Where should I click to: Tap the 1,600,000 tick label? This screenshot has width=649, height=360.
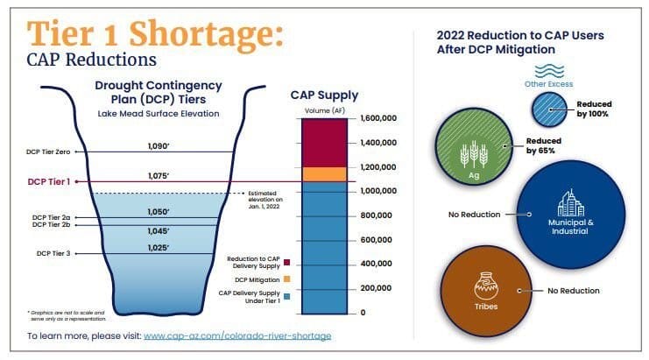[377, 117]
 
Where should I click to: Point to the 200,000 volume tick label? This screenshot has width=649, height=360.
[374, 288]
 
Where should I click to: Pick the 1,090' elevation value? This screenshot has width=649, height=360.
[159, 145]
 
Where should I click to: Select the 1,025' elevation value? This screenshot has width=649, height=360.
[159, 247]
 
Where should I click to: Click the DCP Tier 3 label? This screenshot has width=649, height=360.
[54, 254]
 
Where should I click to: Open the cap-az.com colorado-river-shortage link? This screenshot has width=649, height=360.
[237, 335]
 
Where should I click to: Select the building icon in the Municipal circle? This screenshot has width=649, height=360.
[570, 203]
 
